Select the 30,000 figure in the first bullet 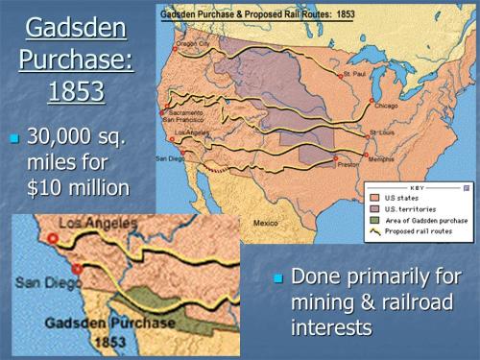(x=65, y=137)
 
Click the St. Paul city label (x=355, y=73)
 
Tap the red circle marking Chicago (x=372, y=99)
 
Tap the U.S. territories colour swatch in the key (x=375, y=208)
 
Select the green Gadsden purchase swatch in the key (x=375, y=220)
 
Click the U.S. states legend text (x=404, y=198)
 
